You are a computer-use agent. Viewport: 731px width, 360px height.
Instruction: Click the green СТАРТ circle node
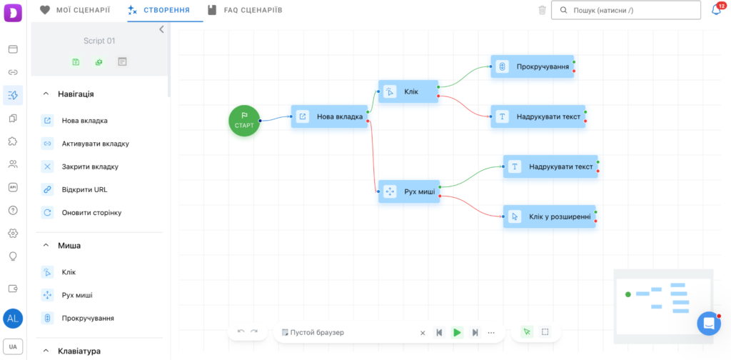(x=244, y=121)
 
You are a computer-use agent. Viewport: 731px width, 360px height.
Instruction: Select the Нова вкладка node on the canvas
(x=330, y=116)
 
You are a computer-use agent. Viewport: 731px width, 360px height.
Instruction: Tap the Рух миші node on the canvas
(x=409, y=191)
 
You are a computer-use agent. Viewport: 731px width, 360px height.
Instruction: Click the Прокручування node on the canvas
(x=533, y=66)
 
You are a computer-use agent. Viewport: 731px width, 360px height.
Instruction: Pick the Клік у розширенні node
(x=549, y=216)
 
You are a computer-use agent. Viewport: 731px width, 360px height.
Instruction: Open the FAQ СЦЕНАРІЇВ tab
(x=245, y=10)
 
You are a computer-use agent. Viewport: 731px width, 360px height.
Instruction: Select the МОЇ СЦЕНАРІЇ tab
(x=74, y=10)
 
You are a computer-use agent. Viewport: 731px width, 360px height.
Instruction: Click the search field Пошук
(x=625, y=10)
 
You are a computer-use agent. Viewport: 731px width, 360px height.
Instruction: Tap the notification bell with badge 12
(x=717, y=10)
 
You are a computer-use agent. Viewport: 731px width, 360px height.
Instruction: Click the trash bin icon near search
(x=542, y=10)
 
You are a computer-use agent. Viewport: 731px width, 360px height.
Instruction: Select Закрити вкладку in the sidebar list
(x=90, y=166)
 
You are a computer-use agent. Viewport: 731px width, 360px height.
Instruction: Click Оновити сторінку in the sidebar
(x=91, y=213)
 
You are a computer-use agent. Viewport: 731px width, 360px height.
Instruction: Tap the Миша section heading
(x=69, y=245)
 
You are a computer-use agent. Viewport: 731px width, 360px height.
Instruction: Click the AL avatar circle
(x=13, y=319)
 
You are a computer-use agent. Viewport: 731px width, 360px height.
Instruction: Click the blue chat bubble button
(x=709, y=323)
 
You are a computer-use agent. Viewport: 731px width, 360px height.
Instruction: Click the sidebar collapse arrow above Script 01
(x=161, y=29)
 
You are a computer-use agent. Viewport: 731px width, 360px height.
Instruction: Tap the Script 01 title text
(x=99, y=41)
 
